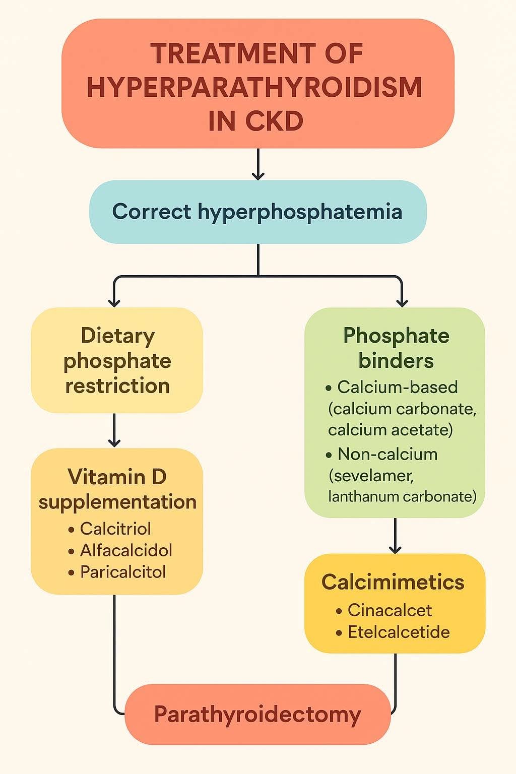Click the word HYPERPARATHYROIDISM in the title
[x=254, y=87]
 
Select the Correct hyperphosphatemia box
[x=258, y=212]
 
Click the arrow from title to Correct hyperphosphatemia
[x=258, y=164]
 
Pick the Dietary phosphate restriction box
[x=117, y=360]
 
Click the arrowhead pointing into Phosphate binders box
[x=402, y=303]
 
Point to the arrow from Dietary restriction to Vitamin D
[x=114, y=430]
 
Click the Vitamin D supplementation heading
[x=117, y=489]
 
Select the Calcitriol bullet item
[x=110, y=529]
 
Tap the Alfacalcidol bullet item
[x=120, y=550]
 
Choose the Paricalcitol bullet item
[x=117, y=572]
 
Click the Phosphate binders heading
[x=396, y=348]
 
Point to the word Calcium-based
[x=398, y=387]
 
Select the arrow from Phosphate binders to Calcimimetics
[x=395, y=536]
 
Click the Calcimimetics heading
[x=393, y=582]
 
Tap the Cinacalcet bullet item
[x=384, y=611]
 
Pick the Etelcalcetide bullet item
[x=393, y=632]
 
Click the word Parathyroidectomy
[x=257, y=715]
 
